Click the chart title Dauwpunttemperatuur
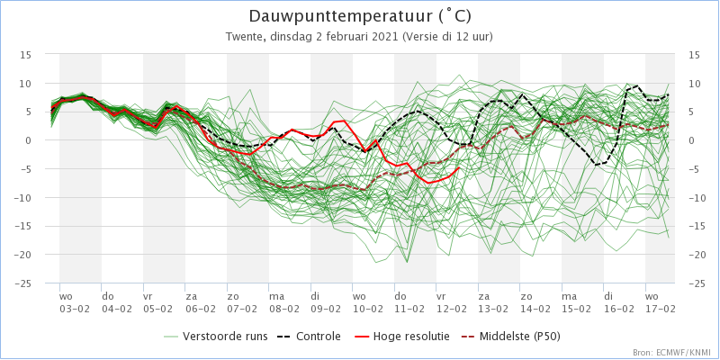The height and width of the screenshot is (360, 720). coord(341,16)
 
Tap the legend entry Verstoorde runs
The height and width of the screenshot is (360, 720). coord(216,337)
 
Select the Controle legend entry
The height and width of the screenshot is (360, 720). coord(309,337)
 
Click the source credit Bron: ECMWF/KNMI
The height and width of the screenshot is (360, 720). coord(674,353)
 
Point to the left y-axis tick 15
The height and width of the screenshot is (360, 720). coord(26,55)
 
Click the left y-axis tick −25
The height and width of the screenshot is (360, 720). coord(22,283)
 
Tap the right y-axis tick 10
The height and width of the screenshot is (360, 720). coord(693,84)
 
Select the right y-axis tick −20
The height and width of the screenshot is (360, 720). coord(697,255)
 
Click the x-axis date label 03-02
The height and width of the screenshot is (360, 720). coord(75,309)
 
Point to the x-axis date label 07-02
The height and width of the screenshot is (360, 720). coord(242,309)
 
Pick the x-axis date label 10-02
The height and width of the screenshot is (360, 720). coord(367,309)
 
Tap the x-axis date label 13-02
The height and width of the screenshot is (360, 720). coord(493,309)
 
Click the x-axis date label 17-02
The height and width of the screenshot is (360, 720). coord(661,309)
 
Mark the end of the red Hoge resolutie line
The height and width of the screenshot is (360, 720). coord(459,167)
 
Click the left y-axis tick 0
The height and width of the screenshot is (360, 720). coord(29,140)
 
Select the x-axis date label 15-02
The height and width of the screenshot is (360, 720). coord(577,309)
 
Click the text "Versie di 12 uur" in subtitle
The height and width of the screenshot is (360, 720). coord(446,37)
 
